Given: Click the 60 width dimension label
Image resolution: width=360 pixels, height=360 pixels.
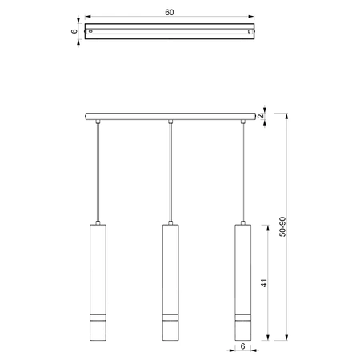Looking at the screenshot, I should (x=170, y=13).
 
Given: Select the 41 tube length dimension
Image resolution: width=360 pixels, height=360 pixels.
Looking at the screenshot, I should (x=263, y=283).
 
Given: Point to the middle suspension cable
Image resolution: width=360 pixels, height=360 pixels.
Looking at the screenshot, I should (x=170, y=172).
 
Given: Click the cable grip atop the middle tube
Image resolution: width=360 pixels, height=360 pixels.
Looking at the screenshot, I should (x=170, y=222).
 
